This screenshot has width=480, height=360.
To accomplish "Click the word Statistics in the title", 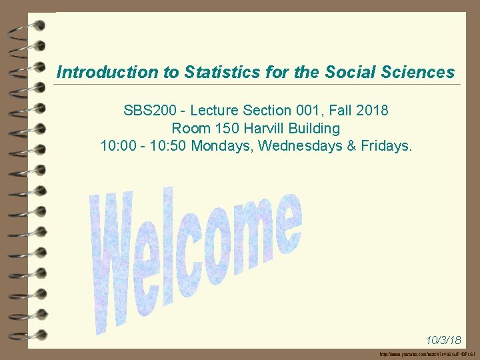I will pyautogui.click(x=211, y=72).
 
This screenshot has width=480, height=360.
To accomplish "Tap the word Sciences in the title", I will pyautogui.click(x=416, y=72).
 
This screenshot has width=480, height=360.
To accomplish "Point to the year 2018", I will pyautogui.click(x=373, y=110).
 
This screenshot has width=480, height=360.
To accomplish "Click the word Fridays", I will pyautogui.click(x=388, y=145).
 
